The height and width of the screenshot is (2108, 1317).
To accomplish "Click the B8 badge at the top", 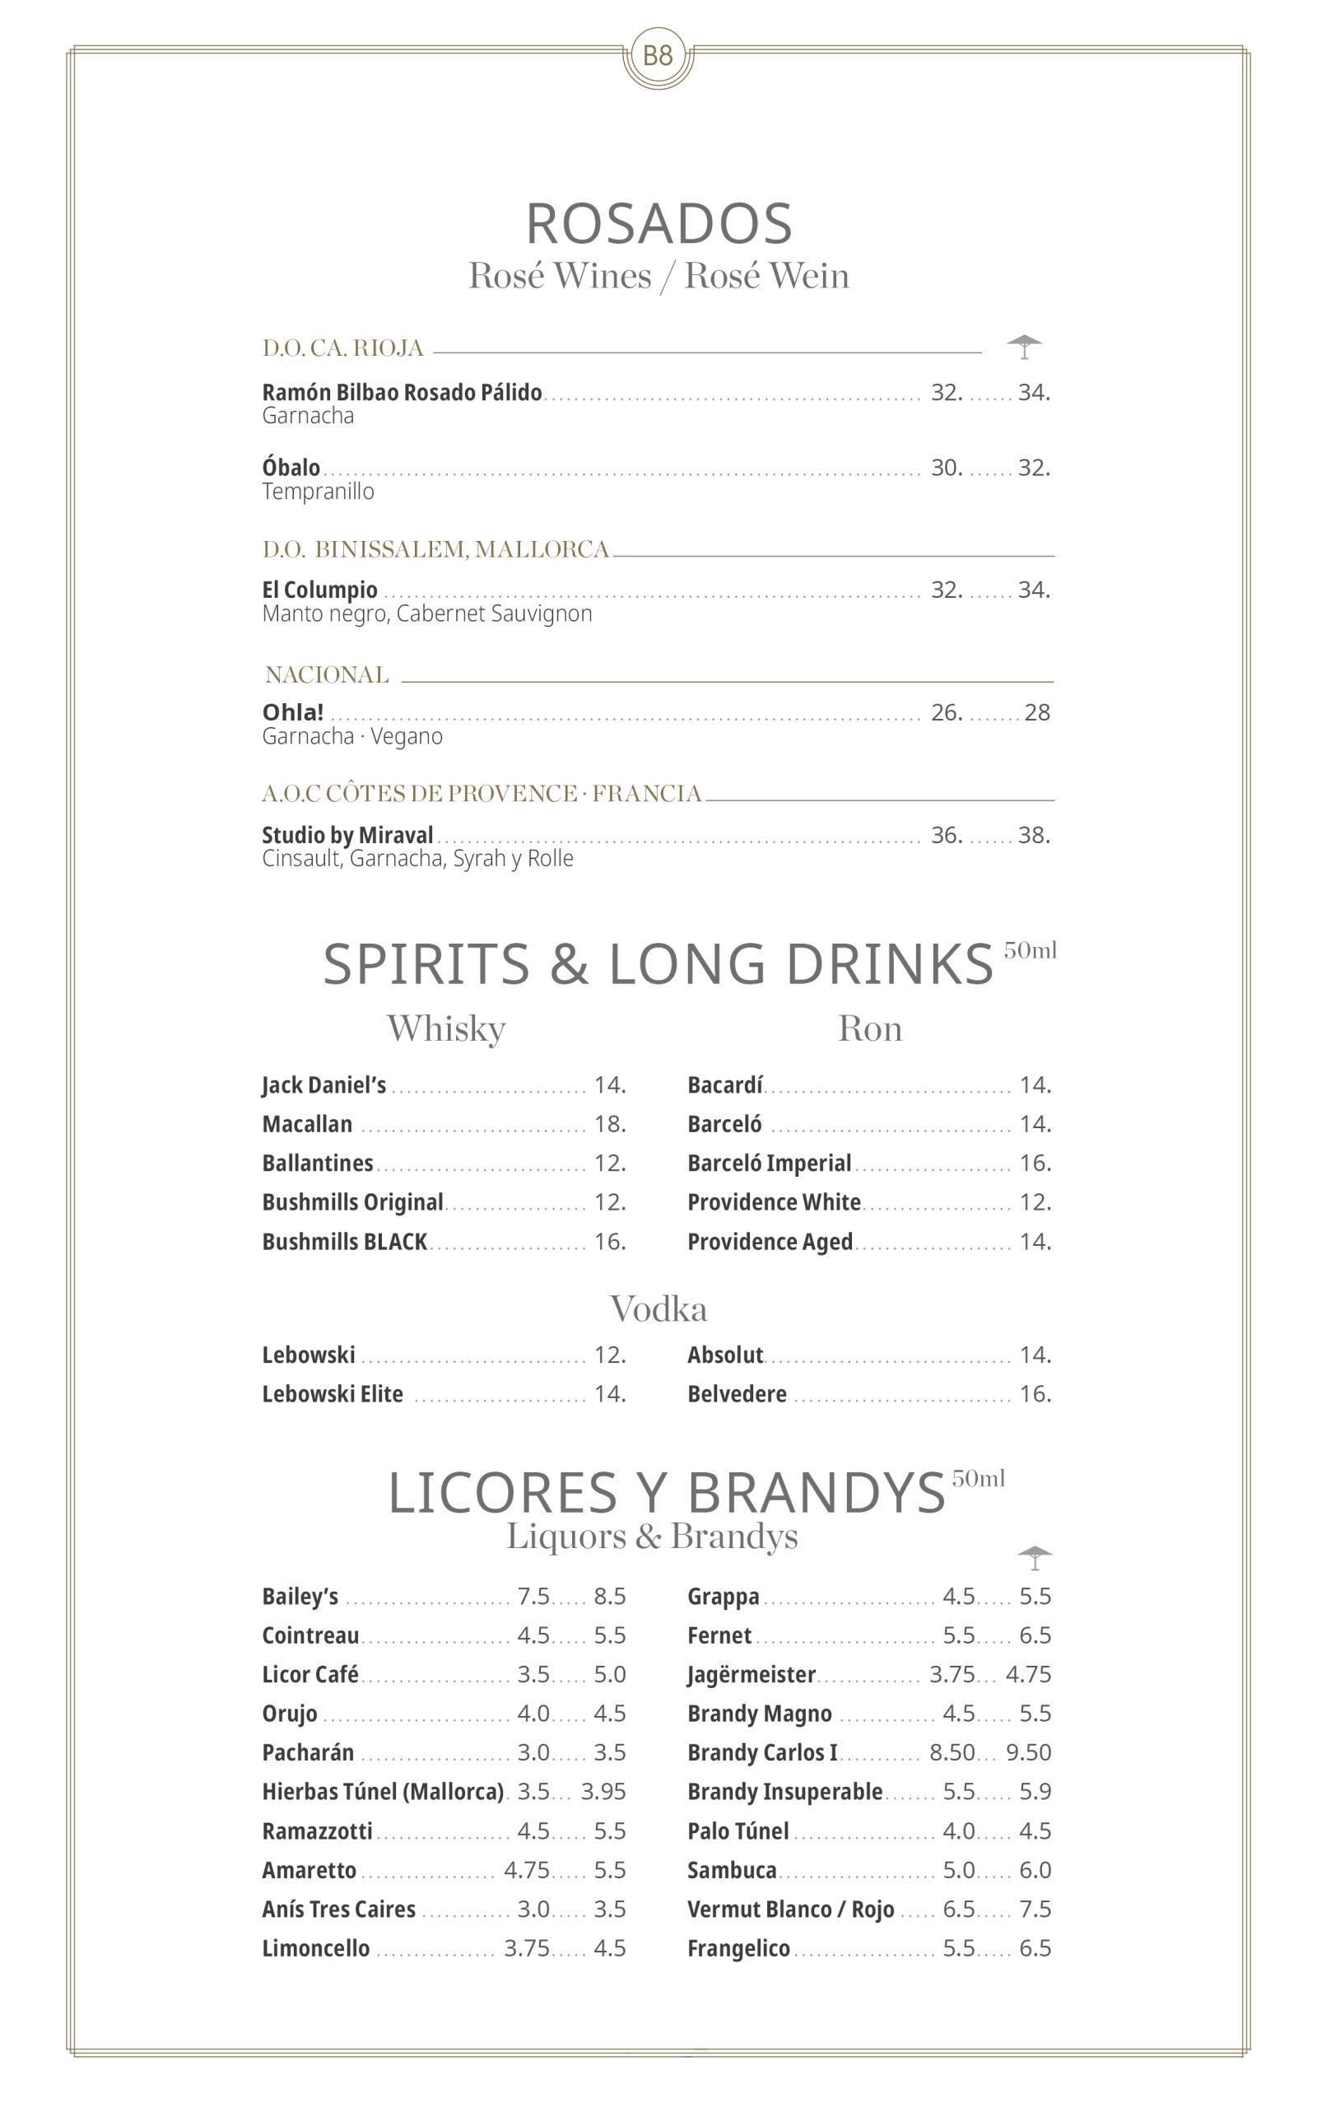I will coord(658,57).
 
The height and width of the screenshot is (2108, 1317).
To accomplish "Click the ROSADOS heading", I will coord(658,224).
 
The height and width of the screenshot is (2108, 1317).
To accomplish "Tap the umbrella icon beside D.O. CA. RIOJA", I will coord(1024,347).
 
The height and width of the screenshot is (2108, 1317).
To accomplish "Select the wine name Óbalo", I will coord(291,468).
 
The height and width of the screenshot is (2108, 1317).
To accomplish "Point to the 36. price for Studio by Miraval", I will coord(946,835).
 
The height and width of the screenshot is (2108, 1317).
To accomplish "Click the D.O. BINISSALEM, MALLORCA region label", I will coord(435,550).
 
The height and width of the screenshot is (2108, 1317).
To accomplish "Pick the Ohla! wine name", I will coord(293,712).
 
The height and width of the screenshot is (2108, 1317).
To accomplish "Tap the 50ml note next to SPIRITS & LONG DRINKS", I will coord(1030,950).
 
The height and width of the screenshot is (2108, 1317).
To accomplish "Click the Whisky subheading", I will coord(446,1028).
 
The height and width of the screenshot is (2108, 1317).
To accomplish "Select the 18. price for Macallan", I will coord(610,1125).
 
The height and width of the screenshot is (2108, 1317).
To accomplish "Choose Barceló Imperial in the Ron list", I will coord(768,1164).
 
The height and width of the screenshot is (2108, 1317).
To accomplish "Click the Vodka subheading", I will coord(658,1309).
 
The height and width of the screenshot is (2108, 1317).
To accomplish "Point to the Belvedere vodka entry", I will coord(736,1395).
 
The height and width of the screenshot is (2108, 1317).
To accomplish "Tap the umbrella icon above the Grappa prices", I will coord(1034,1557).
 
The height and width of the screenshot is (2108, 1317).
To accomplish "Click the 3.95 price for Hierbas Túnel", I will coord(603,1792).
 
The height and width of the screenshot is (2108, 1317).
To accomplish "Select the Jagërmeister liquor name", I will coord(751,1674).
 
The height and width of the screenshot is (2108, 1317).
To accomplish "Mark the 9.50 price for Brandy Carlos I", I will coord(1028,1752).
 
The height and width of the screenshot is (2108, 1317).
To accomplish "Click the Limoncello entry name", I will coord(315,1948).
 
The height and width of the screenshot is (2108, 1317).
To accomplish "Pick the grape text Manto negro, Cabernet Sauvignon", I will coord(427,614).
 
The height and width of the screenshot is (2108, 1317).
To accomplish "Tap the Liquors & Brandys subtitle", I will coord(652,1537).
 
